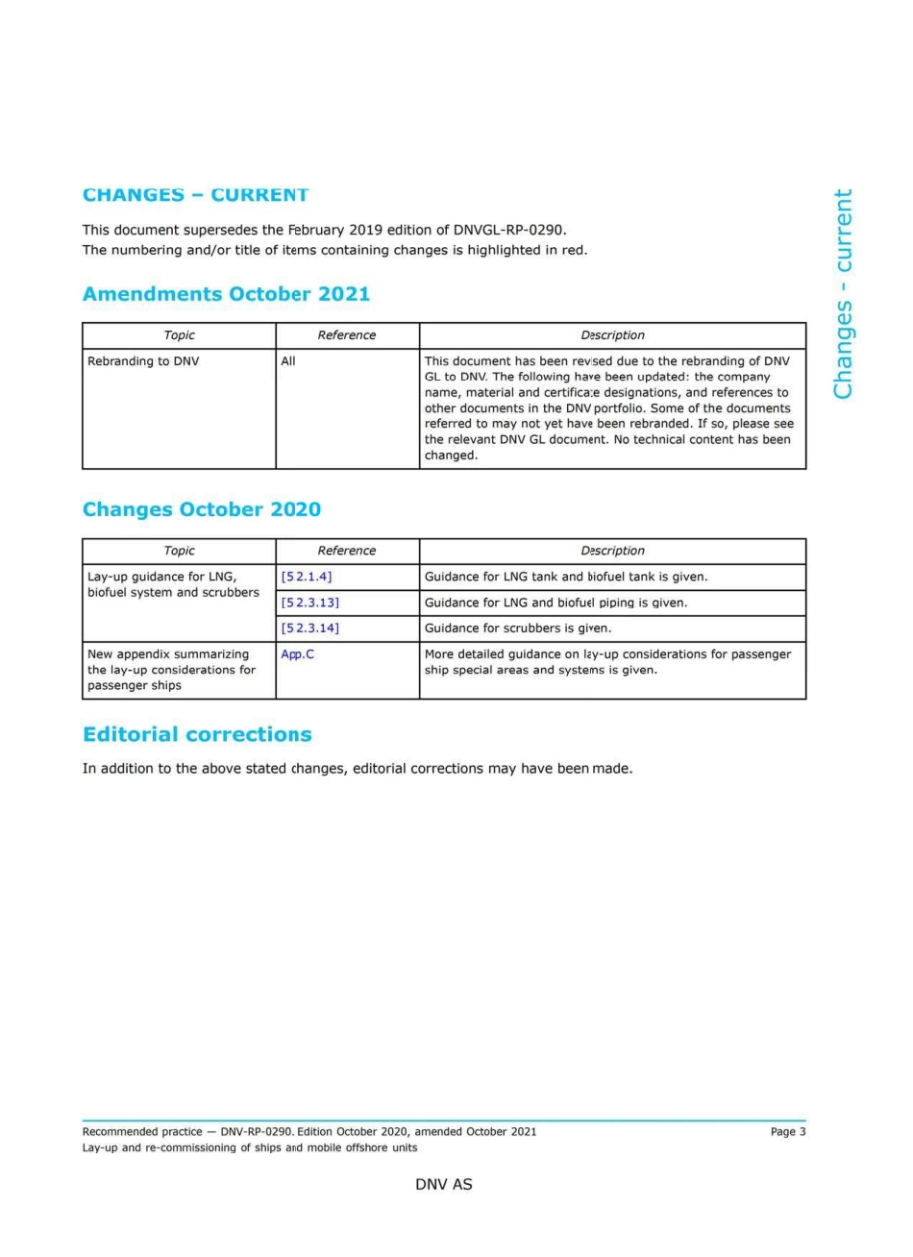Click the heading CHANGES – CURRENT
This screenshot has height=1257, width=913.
pos(195,195)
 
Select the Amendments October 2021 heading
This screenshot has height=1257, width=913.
pos(226,294)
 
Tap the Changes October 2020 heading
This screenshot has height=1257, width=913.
pos(201,509)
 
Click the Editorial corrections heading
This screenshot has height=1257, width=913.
pos(197,734)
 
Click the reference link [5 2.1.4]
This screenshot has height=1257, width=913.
pos(307,577)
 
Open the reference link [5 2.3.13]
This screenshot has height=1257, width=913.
pos(309,603)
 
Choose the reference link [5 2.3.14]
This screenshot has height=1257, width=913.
pos(309,628)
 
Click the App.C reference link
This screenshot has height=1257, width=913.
pos(297,654)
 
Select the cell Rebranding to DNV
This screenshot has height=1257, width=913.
pos(143,361)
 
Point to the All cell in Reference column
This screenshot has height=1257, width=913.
pos(288,361)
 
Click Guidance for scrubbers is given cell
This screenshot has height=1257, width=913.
pos(517,628)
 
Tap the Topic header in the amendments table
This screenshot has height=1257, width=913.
pos(179,335)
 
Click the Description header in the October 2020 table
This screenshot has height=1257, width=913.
pos(612,551)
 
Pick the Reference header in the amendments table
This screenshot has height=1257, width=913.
pos(347,335)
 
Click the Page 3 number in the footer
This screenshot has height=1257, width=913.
pos(787,1131)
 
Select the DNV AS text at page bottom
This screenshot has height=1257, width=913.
pos(443,1184)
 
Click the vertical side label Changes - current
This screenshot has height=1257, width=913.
pos(843,293)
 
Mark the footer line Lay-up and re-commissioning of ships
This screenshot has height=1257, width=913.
pos(250,1147)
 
